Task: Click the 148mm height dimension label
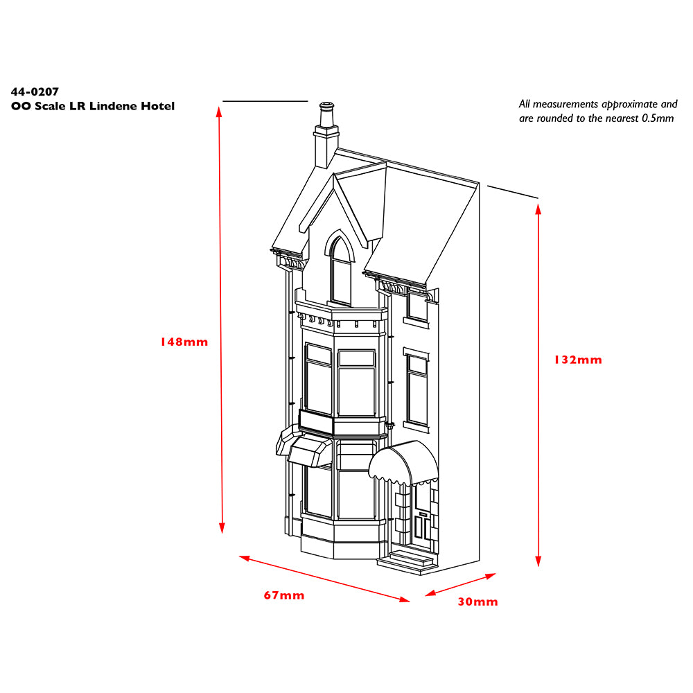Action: point(184,342)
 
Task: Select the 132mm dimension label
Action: point(578,360)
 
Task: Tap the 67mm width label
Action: point(283,595)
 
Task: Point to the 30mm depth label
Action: point(477,602)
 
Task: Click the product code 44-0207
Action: point(35,91)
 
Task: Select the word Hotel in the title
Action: point(158,106)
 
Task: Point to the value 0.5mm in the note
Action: point(658,119)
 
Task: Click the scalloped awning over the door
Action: point(403,463)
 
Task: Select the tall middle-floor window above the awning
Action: point(417,389)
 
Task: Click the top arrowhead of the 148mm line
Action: point(219,112)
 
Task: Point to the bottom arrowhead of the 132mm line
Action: point(538,561)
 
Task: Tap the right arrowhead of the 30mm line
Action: point(491,576)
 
